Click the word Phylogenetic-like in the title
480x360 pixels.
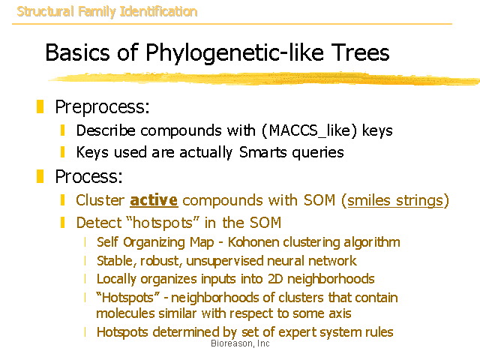[x=235, y=52]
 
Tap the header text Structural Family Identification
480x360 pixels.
[x=106, y=12]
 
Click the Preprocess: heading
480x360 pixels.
[x=102, y=107]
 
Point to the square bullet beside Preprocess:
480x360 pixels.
[x=40, y=106]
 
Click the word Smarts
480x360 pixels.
[x=263, y=152]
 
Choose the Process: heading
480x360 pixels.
[x=88, y=177]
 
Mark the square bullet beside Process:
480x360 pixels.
[x=40, y=176]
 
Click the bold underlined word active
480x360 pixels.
[x=154, y=200]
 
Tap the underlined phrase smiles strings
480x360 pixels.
[x=395, y=201]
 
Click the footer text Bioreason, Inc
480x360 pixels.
[x=240, y=343]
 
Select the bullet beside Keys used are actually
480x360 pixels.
[x=63, y=152]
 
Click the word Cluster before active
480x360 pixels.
[x=100, y=200]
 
